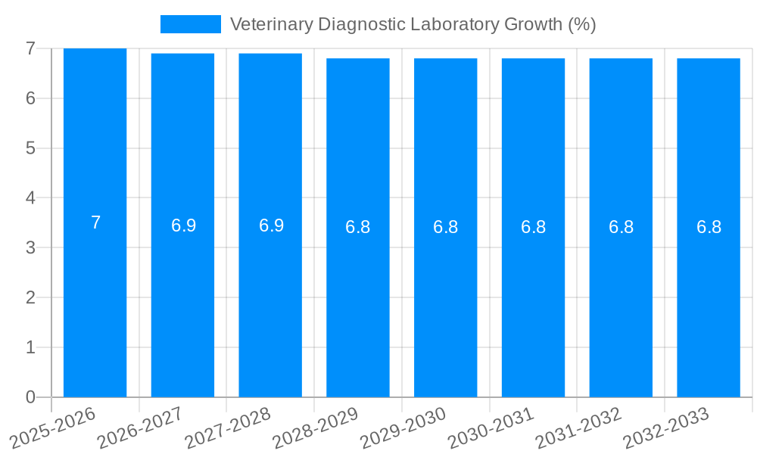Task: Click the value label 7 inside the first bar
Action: click(95, 223)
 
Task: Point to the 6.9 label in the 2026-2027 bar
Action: click(183, 225)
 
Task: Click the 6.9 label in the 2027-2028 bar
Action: click(271, 225)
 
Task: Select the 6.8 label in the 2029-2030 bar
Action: click(445, 227)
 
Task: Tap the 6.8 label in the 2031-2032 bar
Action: click(621, 227)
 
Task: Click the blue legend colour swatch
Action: click(190, 24)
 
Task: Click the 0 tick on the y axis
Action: click(30, 397)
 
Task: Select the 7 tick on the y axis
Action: click(30, 48)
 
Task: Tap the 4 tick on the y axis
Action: click(30, 198)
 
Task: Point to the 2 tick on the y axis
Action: click(30, 297)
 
